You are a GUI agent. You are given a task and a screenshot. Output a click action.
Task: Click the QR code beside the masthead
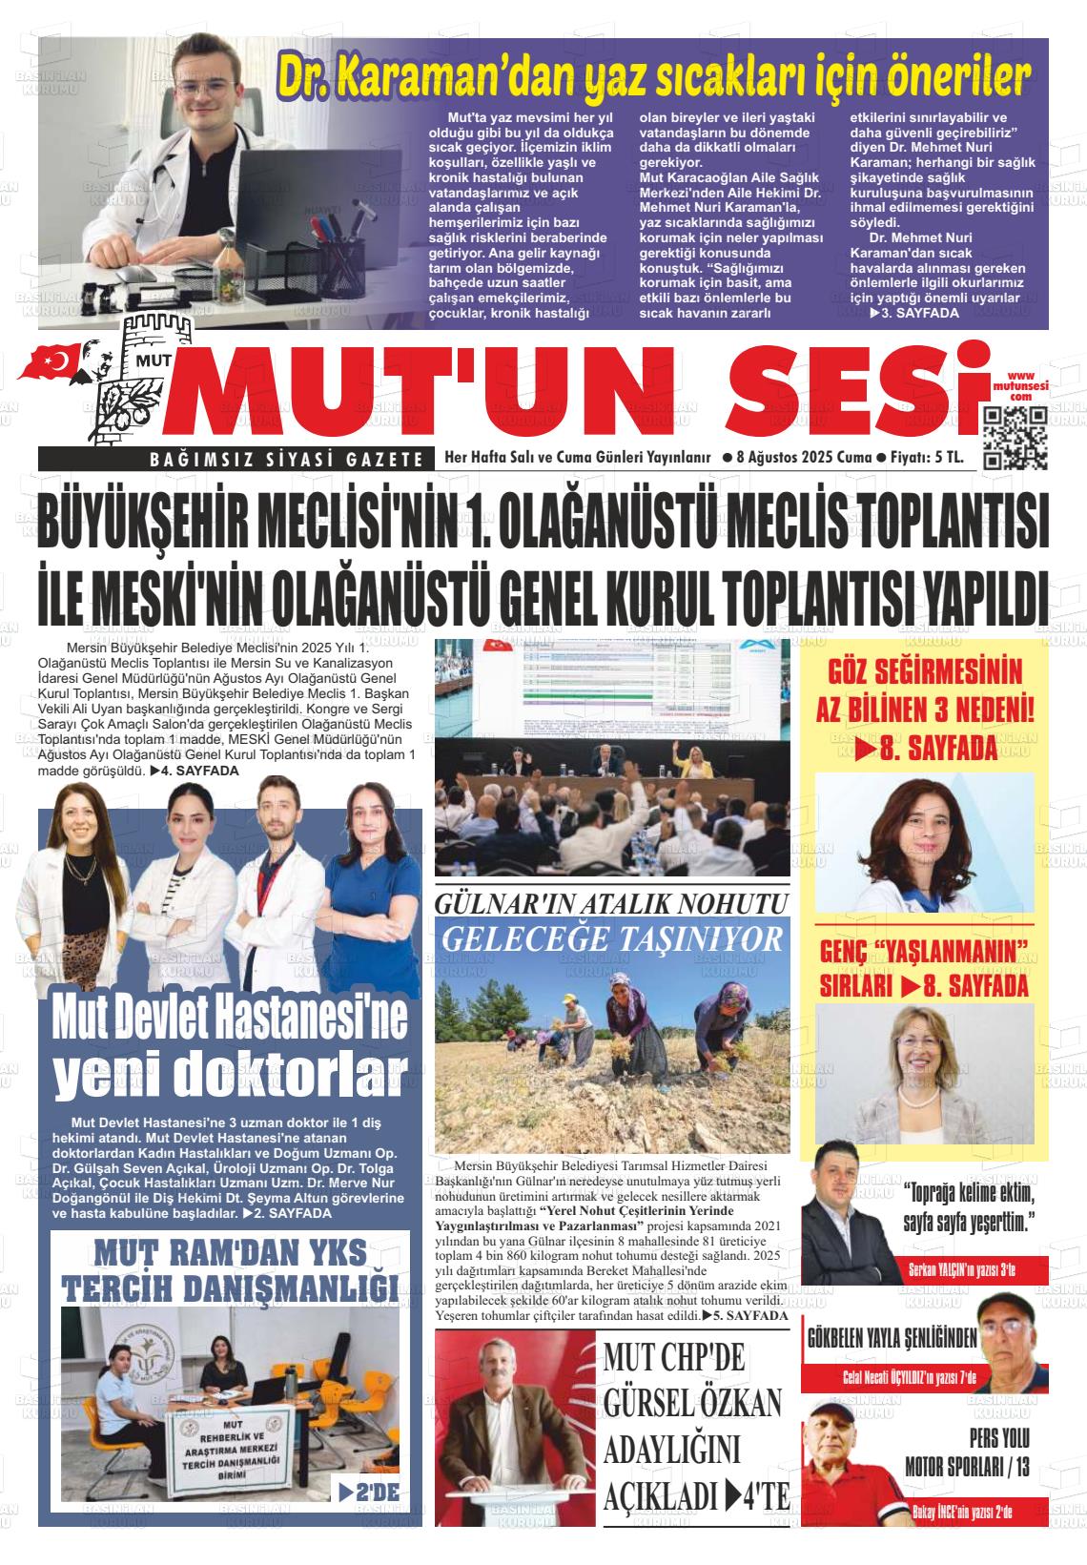[1015, 438]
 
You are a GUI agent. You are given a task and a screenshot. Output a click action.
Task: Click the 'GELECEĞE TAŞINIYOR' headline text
[612, 938]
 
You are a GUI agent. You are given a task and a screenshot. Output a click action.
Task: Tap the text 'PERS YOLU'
[999, 1438]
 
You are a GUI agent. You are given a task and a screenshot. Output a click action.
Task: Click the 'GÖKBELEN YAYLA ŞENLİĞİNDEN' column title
[892, 1338]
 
